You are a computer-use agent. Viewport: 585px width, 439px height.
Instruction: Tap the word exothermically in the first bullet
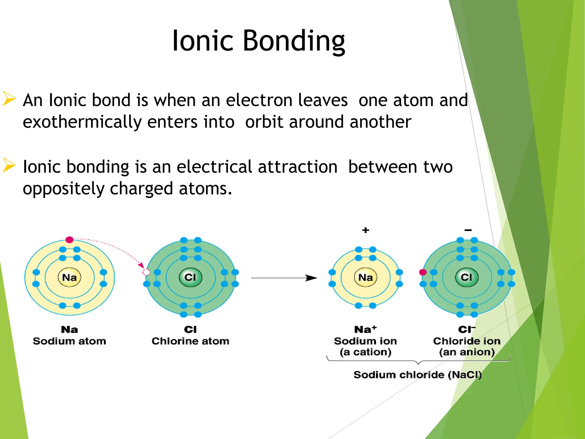pyautogui.click(x=82, y=122)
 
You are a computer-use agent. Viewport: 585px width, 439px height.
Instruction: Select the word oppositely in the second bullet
pyautogui.click(x=64, y=189)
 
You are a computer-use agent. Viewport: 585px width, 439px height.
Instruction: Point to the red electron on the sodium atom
pyautogui.click(x=69, y=240)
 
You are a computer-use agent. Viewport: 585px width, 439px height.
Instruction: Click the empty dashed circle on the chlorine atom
pyautogui.click(x=146, y=272)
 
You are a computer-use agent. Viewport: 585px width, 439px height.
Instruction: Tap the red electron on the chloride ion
pyautogui.click(x=423, y=272)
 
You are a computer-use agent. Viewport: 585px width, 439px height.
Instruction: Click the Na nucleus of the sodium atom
pyautogui.click(x=69, y=277)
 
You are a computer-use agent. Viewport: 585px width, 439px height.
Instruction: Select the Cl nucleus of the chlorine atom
pyautogui.click(x=190, y=277)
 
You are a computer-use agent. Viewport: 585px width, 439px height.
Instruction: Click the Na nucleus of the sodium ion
pyautogui.click(x=365, y=277)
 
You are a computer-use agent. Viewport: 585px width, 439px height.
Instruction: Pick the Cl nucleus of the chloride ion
pyautogui.click(x=466, y=277)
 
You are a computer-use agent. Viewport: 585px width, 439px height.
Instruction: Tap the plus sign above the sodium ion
pyautogui.click(x=366, y=230)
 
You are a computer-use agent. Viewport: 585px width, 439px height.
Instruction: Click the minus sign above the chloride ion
pyautogui.click(x=468, y=230)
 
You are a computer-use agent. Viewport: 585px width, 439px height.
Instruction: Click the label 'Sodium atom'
pyautogui.click(x=69, y=341)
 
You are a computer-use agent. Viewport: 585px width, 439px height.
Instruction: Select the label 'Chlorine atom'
pyautogui.click(x=190, y=341)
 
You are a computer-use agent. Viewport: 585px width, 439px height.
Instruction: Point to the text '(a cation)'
pyautogui.click(x=365, y=352)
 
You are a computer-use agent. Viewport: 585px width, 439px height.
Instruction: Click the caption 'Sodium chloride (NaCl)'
pyautogui.click(x=417, y=375)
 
